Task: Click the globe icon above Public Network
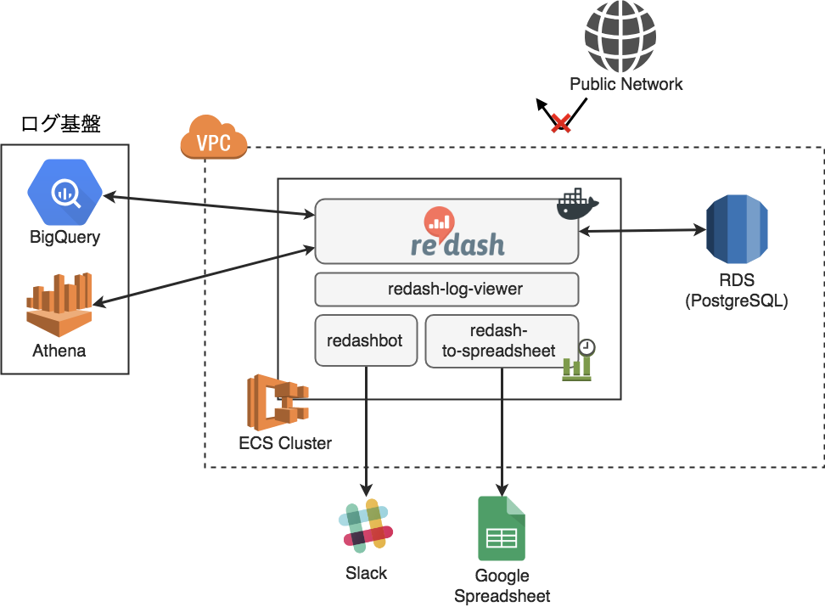pos(620,37)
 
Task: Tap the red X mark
pos(560,123)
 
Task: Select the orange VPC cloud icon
pos(213,138)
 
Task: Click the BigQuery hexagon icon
pos(65,192)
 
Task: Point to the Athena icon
pos(59,305)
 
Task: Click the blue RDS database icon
pos(737,229)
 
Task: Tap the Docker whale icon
pos(577,205)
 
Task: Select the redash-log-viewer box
pos(446,289)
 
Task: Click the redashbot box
pos(365,341)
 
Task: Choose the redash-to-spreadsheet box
pos(501,341)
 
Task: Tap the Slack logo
pos(367,525)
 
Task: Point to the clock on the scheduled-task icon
pos(586,347)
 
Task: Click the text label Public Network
pos(626,84)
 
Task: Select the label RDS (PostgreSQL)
pos(736,291)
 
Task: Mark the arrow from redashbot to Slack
pos(367,433)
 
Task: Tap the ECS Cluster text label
pos(285,443)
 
